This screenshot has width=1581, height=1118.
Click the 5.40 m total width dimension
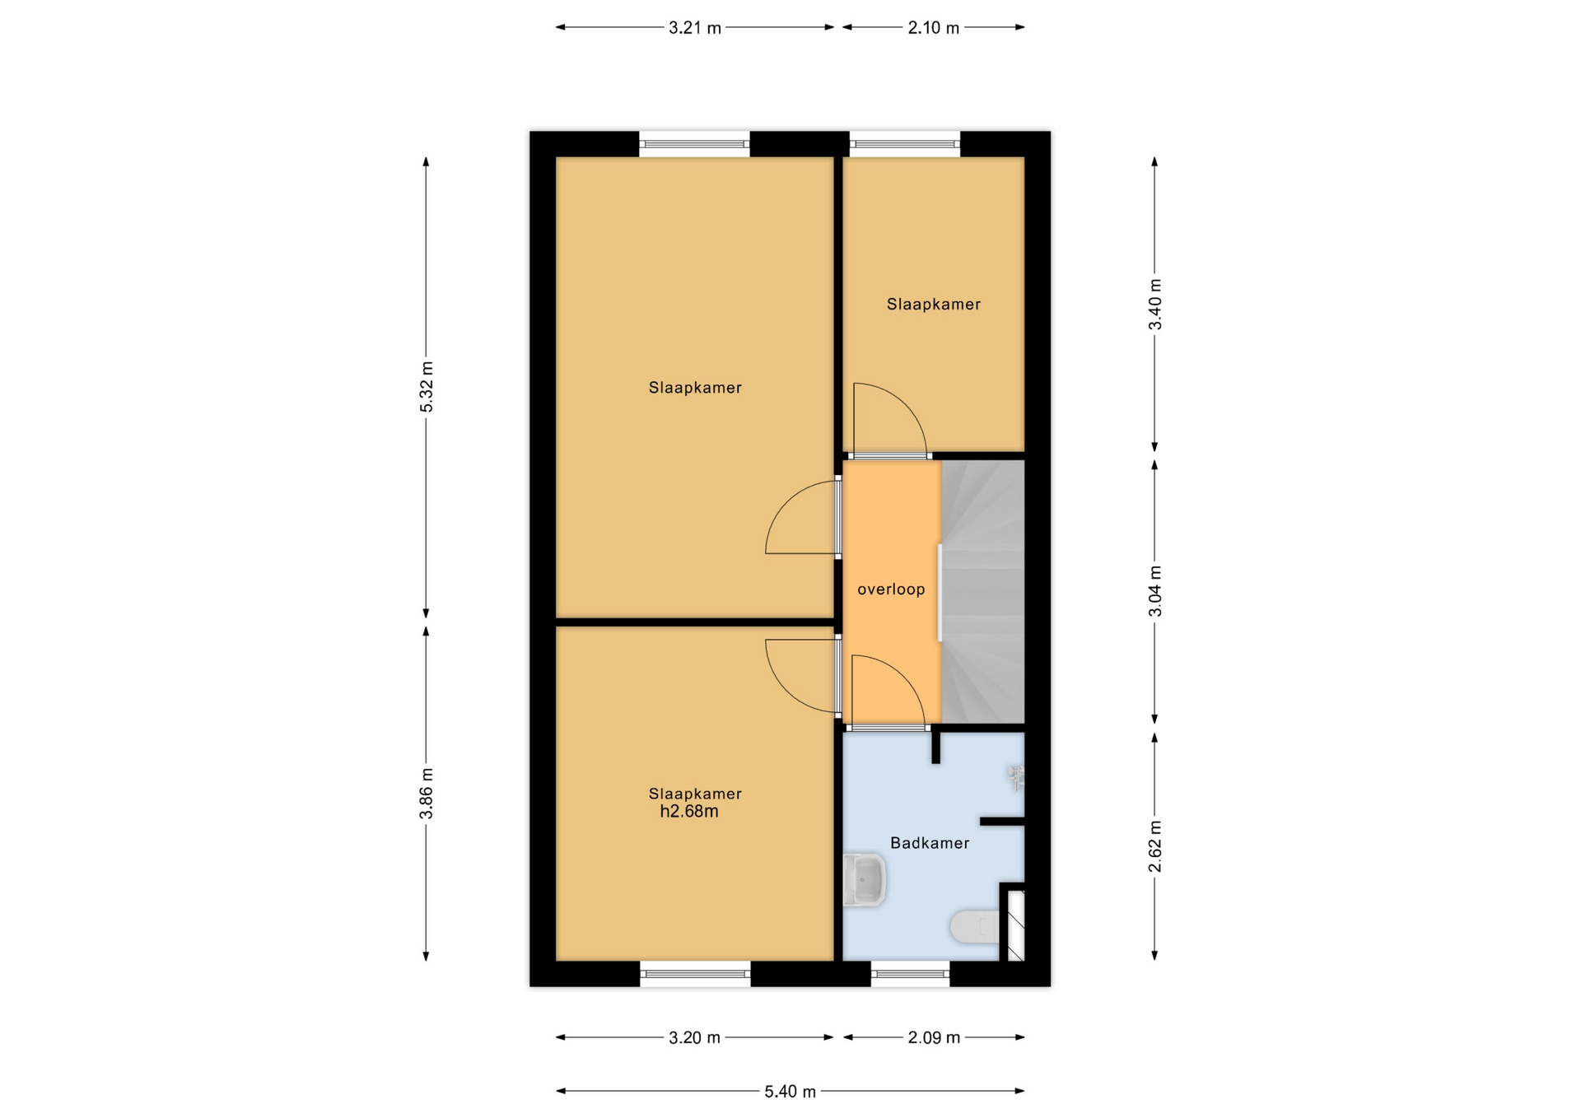[790, 1092]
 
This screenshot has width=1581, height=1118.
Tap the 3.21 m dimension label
[694, 28]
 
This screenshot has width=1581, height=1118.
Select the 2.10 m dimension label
[933, 28]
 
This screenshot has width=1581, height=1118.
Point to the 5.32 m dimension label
[427, 387]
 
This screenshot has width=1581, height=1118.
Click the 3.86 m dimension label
[427, 794]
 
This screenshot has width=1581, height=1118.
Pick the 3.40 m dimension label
[1155, 305]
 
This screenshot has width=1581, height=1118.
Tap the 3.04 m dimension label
[1155, 591]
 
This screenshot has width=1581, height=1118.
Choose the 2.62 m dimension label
[1155, 846]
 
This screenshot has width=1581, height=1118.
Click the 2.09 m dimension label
[934, 1038]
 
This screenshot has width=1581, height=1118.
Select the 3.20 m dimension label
[694, 1038]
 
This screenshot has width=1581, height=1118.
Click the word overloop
[891, 589]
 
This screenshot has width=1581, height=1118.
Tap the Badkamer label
[930, 843]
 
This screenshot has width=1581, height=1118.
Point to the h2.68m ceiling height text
[689, 812]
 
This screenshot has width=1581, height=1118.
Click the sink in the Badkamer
[864, 880]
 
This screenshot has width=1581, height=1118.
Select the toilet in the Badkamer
[976, 927]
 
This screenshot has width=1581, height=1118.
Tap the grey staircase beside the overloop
[982, 592]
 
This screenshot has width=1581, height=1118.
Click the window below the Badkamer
[910, 974]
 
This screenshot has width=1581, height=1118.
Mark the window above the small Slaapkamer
[905, 144]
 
